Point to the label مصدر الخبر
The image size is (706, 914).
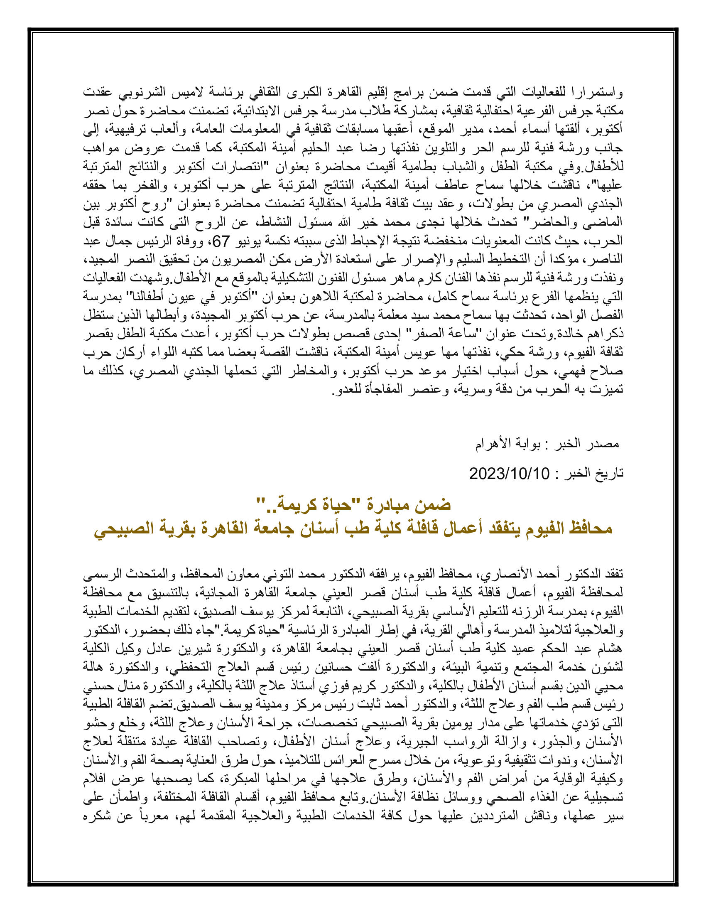click(588, 444)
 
